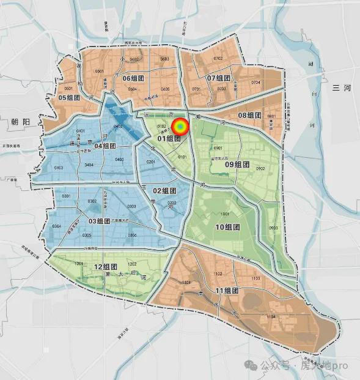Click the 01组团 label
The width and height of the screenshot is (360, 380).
coord(169,138)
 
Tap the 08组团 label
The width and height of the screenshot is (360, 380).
coord(249,115)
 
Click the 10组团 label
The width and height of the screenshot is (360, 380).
coord(227,227)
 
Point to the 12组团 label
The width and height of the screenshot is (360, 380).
coord(106,267)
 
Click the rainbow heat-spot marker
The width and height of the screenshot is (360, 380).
coord(180,127)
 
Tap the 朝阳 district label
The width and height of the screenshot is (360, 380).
coord(20,122)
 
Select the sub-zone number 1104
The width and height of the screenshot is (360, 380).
coord(271,317)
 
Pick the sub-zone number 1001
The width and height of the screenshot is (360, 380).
coord(225,214)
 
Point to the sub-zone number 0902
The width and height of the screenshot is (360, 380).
coord(260,168)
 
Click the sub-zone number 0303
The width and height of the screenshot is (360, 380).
coord(131,206)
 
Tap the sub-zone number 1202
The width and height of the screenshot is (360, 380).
coord(132,264)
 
